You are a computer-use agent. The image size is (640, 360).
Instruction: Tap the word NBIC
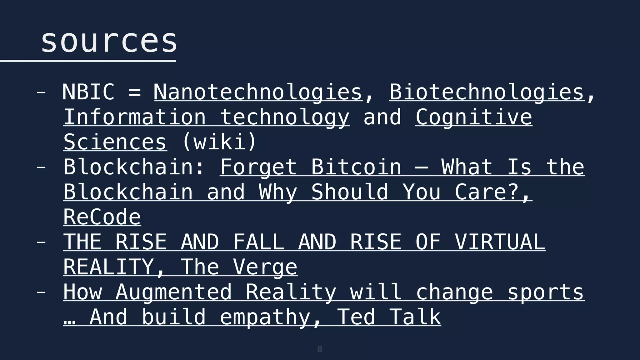pyautogui.click(x=88, y=92)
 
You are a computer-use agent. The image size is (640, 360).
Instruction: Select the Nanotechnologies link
pyautogui.click(x=258, y=92)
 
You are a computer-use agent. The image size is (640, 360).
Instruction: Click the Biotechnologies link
pyautogui.click(x=487, y=92)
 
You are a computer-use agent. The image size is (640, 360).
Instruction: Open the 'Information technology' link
pyautogui.click(x=206, y=117)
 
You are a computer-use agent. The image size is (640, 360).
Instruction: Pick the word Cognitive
pyautogui.click(x=474, y=117)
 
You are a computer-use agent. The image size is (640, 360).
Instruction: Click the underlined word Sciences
pyautogui.click(x=115, y=142)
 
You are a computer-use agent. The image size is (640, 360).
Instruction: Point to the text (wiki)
pyautogui.click(x=219, y=142)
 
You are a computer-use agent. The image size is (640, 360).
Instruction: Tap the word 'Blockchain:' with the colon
pyautogui.click(x=134, y=167)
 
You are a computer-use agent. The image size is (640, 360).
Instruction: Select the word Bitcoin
pyautogui.click(x=356, y=167)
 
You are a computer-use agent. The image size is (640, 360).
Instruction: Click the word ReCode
pyautogui.click(x=102, y=217)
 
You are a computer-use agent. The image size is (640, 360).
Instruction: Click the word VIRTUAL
pyautogui.click(x=500, y=242)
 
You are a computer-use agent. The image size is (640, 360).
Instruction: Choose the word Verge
pyautogui.click(x=265, y=267)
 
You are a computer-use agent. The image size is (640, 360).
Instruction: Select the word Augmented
pyautogui.click(x=174, y=292)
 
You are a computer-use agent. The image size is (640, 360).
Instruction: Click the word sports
pyautogui.click(x=545, y=292)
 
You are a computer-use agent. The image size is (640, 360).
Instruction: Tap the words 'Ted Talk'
pyautogui.click(x=389, y=317)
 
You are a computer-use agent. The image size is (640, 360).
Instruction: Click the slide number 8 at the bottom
pyautogui.click(x=319, y=349)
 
